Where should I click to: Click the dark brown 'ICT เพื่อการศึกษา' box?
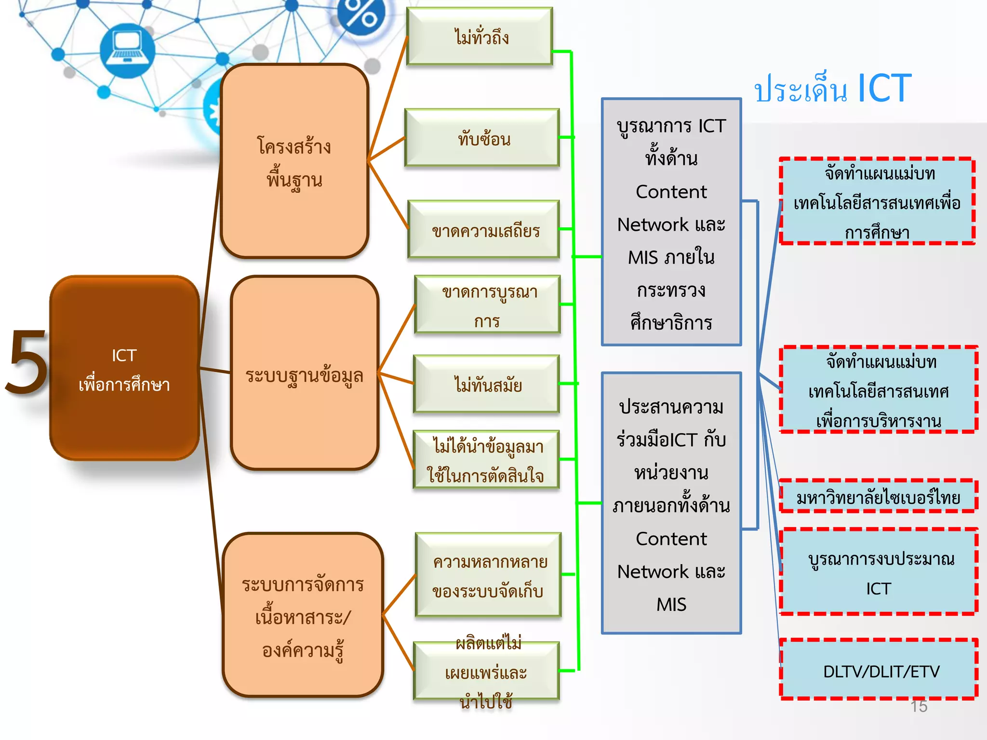[124, 369]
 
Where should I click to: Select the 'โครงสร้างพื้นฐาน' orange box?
[294, 161]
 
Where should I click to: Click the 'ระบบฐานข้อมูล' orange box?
[305, 373]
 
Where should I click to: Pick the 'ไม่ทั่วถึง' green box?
[480, 37]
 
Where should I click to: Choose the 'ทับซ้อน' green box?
[482, 138]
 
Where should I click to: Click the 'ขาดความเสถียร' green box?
[484, 230]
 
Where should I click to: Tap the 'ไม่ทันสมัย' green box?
[487, 384]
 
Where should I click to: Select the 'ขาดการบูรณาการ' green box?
[488, 305]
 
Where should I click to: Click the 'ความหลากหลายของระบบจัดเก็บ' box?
[489, 575]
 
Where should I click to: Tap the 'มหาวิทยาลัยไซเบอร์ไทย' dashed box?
[878, 496]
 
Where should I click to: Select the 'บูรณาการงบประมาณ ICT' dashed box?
[879, 572]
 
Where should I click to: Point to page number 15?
[919, 706]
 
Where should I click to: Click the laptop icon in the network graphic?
[127, 49]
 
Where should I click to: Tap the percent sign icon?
[361, 14]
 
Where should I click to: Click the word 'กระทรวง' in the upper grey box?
[671, 290]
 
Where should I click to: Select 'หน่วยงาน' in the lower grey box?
[671, 473]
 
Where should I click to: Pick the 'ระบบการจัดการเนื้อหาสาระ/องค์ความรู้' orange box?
[303, 616]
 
